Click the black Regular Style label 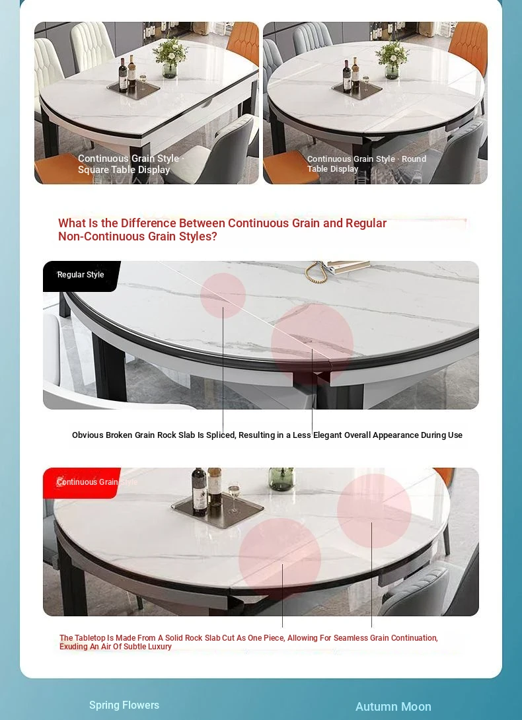(81, 276)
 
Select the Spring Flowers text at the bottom (124, 705)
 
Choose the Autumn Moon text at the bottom (393, 707)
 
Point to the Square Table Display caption (124, 170)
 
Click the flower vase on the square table (170, 58)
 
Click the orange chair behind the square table (244, 42)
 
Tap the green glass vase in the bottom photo (281, 479)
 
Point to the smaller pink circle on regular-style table (223, 296)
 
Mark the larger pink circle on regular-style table (312, 343)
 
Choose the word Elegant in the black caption (328, 435)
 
